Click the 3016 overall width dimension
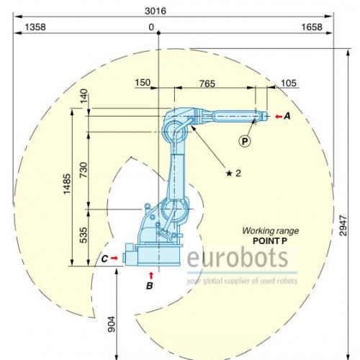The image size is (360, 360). pyautogui.click(x=156, y=11)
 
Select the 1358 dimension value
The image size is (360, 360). pyautogui.click(x=35, y=27)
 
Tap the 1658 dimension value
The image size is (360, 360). pyautogui.click(x=312, y=27)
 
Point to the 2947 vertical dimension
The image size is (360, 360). pyautogui.click(x=343, y=225)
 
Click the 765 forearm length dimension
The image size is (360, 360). pyautogui.click(x=207, y=84)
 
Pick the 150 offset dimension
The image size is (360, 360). pyautogui.click(x=143, y=83)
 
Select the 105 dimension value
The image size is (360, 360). pyautogui.click(x=289, y=83)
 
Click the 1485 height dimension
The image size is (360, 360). pyautogui.click(x=67, y=184)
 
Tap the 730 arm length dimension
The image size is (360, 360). pyautogui.click(x=84, y=170)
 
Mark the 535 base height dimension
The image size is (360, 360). pyautogui.click(x=84, y=235)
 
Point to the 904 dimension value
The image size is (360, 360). pyautogui.click(x=112, y=324)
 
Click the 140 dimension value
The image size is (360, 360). pyautogui.click(x=84, y=96)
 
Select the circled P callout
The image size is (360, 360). pyautogui.click(x=245, y=141)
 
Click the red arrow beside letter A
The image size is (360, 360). pyautogui.click(x=279, y=117)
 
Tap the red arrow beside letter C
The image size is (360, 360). pyautogui.click(x=114, y=258)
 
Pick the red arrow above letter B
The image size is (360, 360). pyautogui.click(x=151, y=276)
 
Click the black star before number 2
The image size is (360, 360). pyautogui.click(x=229, y=173)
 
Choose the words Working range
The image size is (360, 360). pyautogui.click(x=271, y=231)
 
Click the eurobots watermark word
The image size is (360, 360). pyautogui.click(x=238, y=258)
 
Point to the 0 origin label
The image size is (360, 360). pyautogui.click(x=151, y=27)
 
